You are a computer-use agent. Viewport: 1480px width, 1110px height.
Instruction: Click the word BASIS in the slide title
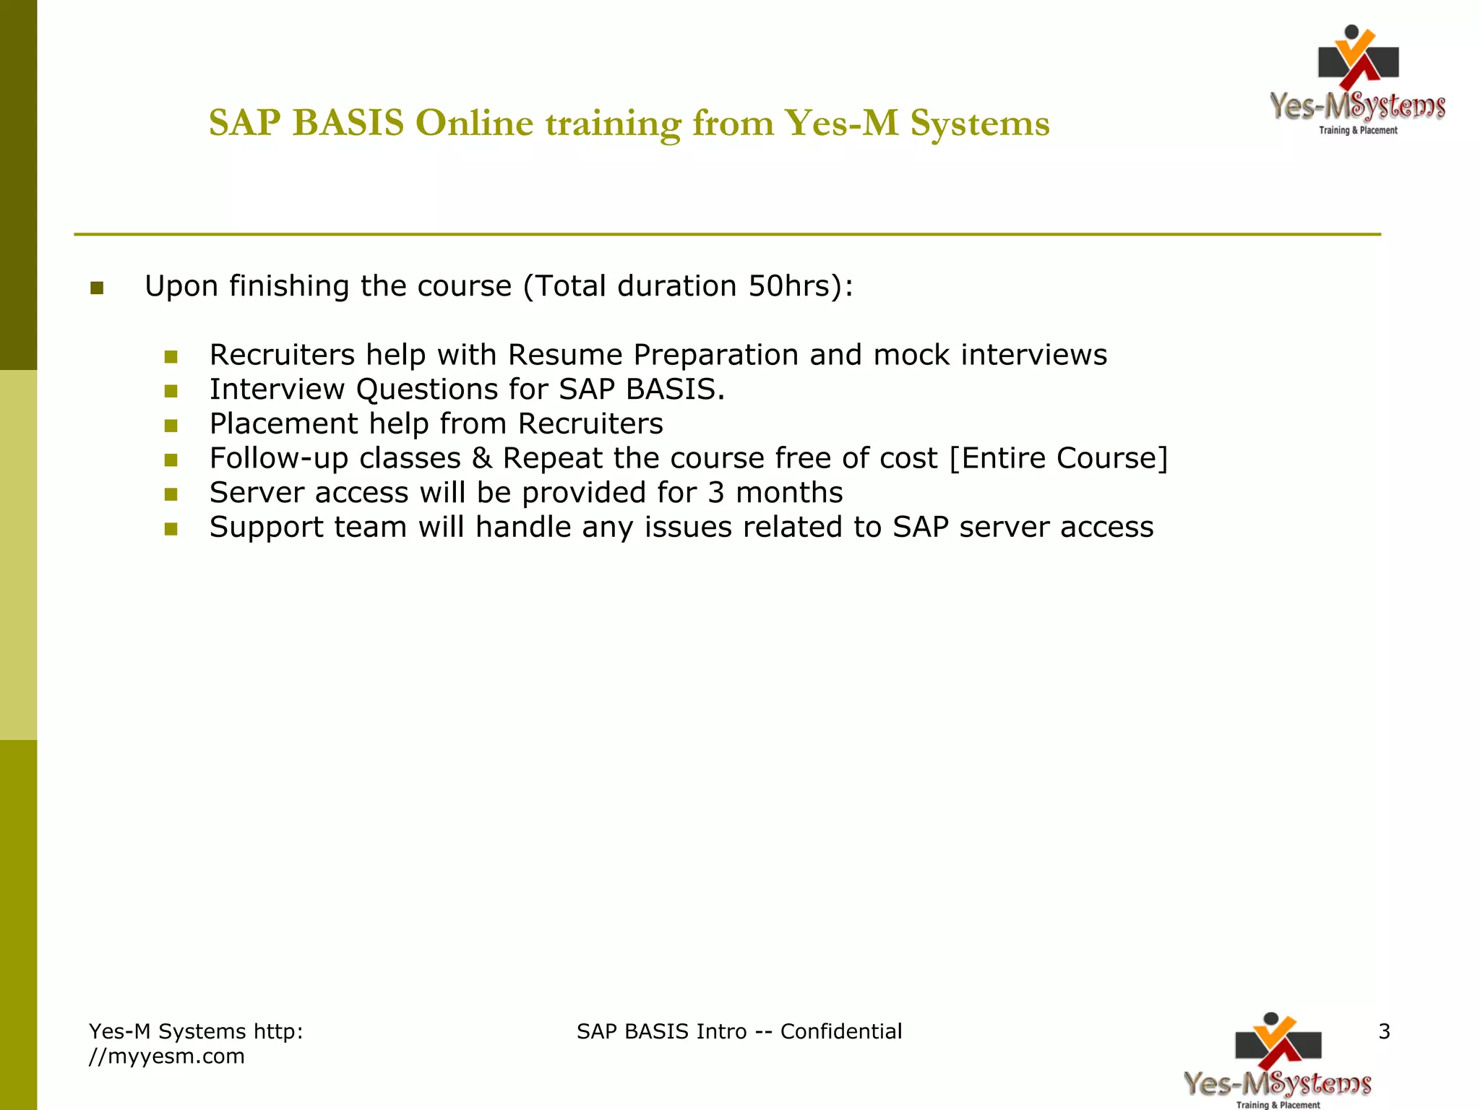[348, 123]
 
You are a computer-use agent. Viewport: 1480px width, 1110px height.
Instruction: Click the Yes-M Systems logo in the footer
[1278, 1061]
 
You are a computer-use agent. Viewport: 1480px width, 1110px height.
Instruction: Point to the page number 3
[1384, 1032]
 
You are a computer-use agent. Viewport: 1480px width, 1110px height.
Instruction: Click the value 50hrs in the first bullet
[789, 286]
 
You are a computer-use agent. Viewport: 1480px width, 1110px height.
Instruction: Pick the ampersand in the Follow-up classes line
[481, 458]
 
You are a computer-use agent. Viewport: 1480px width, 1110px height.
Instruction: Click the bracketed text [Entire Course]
[1058, 458]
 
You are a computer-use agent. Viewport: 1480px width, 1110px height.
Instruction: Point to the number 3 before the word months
[715, 493]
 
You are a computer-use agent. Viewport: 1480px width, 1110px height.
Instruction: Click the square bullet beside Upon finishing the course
[97, 288]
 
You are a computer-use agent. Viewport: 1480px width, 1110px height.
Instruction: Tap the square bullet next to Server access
[171, 494]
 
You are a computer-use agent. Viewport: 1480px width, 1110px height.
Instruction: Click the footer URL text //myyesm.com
[167, 1057]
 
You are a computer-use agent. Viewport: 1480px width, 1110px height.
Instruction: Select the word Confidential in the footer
[841, 1032]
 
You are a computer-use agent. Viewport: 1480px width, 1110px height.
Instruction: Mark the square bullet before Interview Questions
[171, 391]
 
